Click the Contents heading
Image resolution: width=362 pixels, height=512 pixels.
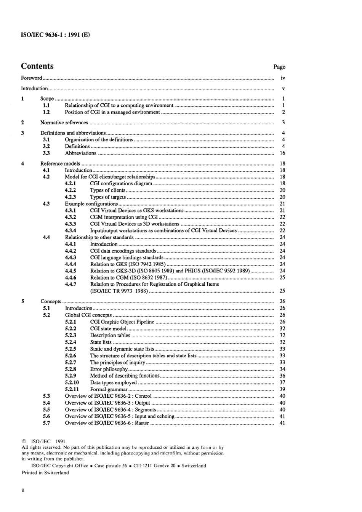[37, 66]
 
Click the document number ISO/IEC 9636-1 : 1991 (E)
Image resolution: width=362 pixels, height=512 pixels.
[55, 35]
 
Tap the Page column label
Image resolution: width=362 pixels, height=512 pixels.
[279, 67]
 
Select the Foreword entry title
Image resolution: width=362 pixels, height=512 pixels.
[31, 78]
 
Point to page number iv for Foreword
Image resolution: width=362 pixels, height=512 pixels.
[283, 78]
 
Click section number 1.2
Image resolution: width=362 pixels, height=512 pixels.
[46, 112]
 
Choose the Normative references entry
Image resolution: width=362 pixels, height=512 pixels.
[64, 123]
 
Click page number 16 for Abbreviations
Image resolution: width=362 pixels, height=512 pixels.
[282, 153]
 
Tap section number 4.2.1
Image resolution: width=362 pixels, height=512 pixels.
[70, 184]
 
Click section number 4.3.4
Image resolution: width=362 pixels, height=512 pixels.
[70, 230]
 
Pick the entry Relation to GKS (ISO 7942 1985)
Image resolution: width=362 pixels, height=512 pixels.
[128, 264]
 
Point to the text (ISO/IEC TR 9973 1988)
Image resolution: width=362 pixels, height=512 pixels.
[119, 291]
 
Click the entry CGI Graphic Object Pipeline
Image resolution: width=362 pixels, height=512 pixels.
[122, 322]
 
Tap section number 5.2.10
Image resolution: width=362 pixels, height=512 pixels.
[72, 382]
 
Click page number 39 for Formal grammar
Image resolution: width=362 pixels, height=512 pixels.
[282, 389]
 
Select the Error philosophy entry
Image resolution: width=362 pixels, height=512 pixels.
[109, 369]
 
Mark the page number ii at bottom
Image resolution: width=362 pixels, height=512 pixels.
[23, 491]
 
